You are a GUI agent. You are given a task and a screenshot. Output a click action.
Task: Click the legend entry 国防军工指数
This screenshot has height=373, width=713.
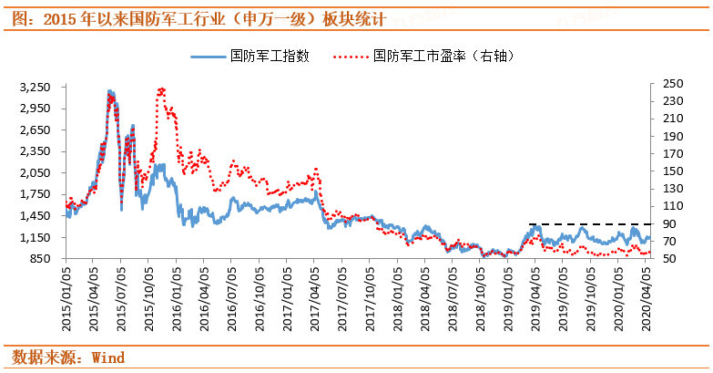pos(250,57)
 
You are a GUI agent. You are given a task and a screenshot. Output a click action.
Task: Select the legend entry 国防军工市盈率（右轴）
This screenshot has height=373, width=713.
pos(428,57)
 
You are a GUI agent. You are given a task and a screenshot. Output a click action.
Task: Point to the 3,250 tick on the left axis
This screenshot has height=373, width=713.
pos(36,87)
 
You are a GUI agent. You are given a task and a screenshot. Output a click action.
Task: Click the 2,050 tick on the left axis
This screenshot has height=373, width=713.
pos(36,172)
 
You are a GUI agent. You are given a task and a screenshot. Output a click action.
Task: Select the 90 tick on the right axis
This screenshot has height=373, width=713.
pos(668,223)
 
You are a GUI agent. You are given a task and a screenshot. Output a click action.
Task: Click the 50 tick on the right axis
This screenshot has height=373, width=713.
pos(668,259)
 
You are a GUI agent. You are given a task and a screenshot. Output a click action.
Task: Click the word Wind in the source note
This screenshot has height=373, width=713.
pos(108,357)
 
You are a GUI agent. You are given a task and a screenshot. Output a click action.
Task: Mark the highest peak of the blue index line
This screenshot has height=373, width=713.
pos(109,92)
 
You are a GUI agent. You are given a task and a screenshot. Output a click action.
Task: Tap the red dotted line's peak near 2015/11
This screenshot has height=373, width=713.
pos(161,89)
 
